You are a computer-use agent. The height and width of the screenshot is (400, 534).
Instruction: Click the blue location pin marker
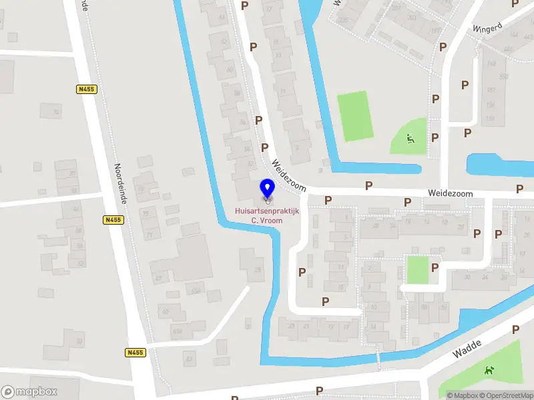pos(267,189)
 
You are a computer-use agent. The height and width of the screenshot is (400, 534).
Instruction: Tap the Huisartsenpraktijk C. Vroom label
pos(267,215)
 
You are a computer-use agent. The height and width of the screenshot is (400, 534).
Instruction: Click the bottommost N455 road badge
pos(135,352)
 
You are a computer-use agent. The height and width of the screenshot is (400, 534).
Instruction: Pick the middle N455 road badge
pos(113,219)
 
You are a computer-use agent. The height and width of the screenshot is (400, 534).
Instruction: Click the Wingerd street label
pos(486,29)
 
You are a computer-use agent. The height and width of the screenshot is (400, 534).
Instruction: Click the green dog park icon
pos(490,369)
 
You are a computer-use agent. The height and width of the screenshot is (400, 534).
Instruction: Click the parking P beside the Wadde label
pos(515,329)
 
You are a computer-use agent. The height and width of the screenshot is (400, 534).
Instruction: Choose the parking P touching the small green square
pos(435,267)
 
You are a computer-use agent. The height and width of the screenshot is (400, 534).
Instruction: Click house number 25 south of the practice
pos(258,269)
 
